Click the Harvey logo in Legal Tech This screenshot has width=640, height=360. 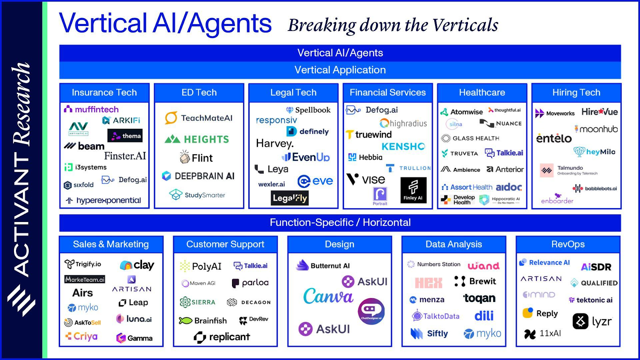[x=275, y=143]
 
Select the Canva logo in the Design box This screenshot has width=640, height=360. [x=328, y=296]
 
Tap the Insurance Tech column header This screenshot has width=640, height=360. [x=104, y=92]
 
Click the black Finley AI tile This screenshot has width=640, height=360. [x=413, y=190]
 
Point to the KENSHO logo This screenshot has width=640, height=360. [x=403, y=146]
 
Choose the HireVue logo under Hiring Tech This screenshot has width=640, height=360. [x=599, y=112]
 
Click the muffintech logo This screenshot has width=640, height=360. [x=92, y=109]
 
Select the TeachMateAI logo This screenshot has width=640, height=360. [x=199, y=118]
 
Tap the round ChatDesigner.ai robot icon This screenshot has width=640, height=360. [x=371, y=311]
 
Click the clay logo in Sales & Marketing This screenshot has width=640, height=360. [x=137, y=265]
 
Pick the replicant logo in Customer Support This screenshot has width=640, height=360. [x=222, y=337]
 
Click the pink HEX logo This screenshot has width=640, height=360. [x=428, y=283]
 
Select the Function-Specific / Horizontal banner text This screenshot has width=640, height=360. [x=340, y=222]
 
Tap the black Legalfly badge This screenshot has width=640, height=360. [x=290, y=198]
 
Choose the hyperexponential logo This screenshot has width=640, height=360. [x=104, y=200]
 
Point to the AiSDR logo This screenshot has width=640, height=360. [x=596, y=267]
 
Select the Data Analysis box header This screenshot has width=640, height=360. [x=454, y=244]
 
